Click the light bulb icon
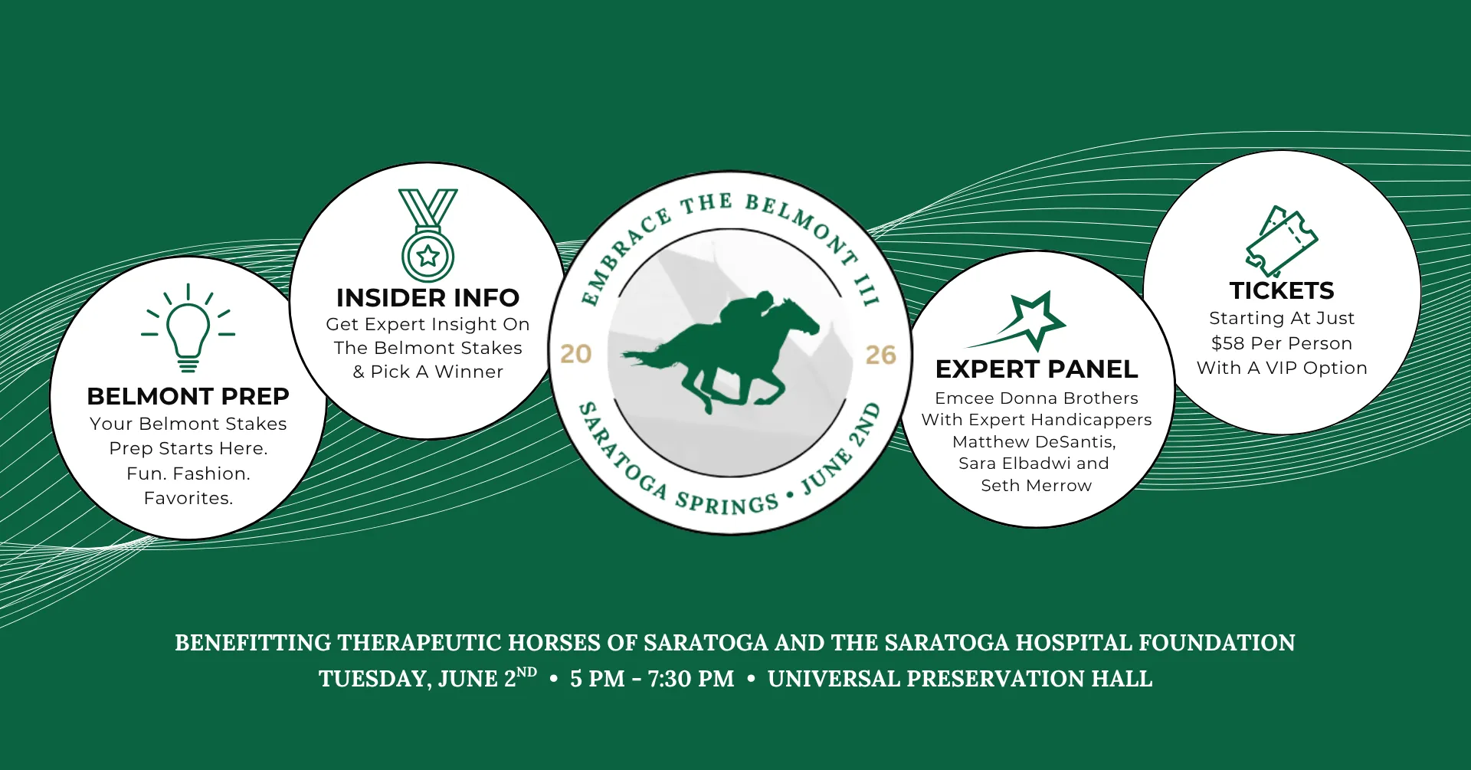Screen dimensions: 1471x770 [x=188, y=328]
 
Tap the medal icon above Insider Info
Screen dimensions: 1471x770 [x=428, y=235]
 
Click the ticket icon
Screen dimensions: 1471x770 [x=1281, y=241]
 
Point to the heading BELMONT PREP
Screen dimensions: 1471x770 [x=188, y=396]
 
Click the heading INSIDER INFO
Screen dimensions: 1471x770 [x=428, y=297]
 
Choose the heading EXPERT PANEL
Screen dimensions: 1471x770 [x=1037, y=369]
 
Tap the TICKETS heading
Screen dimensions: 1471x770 [x=1282, y=290]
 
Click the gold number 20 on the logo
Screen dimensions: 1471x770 [x=575, y=354]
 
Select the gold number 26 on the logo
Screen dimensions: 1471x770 [x=881, y=355]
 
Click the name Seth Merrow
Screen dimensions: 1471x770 [x=1037, y=485]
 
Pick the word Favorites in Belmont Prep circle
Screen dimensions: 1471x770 [x=188, y=498]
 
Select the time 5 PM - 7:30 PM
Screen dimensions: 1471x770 [x=652, y=679]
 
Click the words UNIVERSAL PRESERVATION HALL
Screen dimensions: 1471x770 [x=960, y=679]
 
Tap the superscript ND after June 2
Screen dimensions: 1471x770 [x=526, y=672]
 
